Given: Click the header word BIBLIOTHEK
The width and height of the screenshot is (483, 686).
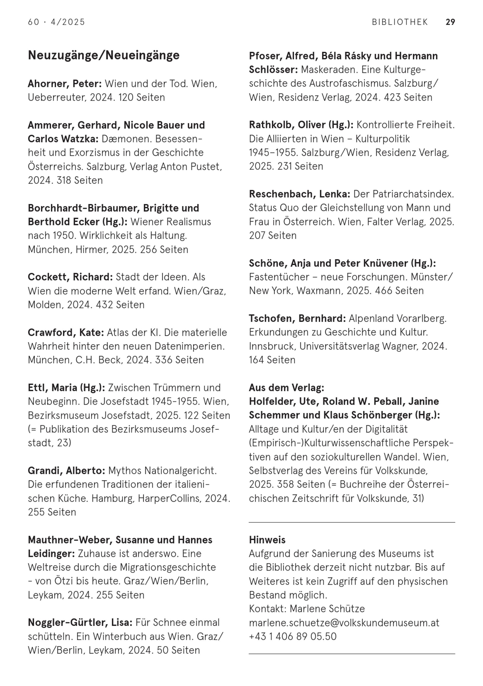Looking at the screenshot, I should (400, 22).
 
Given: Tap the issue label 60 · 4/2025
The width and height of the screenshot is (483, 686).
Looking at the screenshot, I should (57, 22).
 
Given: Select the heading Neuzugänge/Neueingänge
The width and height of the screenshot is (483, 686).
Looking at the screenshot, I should (104, 55).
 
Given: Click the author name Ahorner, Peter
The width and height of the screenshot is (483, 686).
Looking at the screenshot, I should (65, 84).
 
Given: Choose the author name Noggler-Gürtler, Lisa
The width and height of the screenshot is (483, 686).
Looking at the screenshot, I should (80, 623).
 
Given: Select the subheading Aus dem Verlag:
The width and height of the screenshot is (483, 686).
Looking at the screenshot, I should (286, 388).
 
